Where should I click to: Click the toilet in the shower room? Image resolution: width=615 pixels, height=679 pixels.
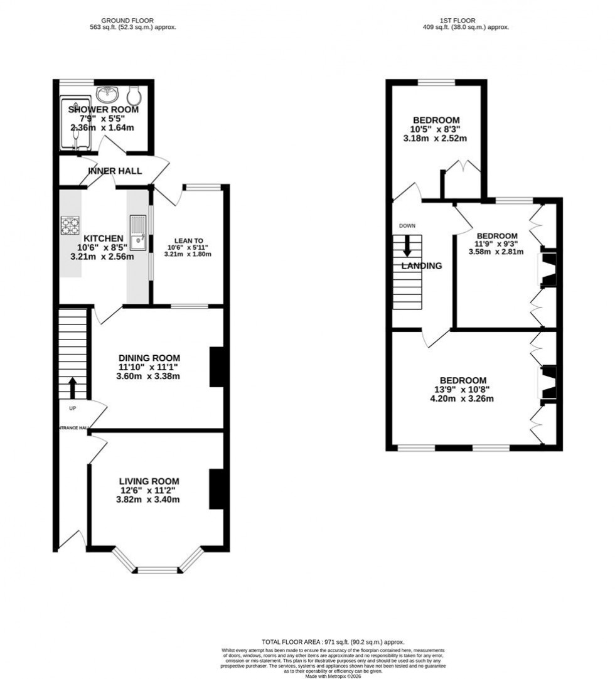134,95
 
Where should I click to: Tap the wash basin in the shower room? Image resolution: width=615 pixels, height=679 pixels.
109,94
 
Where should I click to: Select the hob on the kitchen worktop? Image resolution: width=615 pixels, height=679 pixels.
70,225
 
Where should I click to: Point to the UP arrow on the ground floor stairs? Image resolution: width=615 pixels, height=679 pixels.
72,387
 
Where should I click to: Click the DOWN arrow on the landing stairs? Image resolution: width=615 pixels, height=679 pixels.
407,245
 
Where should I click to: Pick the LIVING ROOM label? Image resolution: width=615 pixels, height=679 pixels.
148,481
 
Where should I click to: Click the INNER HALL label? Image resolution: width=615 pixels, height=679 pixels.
115,171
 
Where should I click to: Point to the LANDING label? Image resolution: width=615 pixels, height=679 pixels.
422,265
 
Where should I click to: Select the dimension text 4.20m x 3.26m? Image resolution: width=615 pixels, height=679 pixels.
463,398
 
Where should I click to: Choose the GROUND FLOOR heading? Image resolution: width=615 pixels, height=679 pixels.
130,21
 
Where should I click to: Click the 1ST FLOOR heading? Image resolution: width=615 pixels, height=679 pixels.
465,21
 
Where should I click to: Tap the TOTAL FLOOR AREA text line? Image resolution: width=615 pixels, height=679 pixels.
333,642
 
